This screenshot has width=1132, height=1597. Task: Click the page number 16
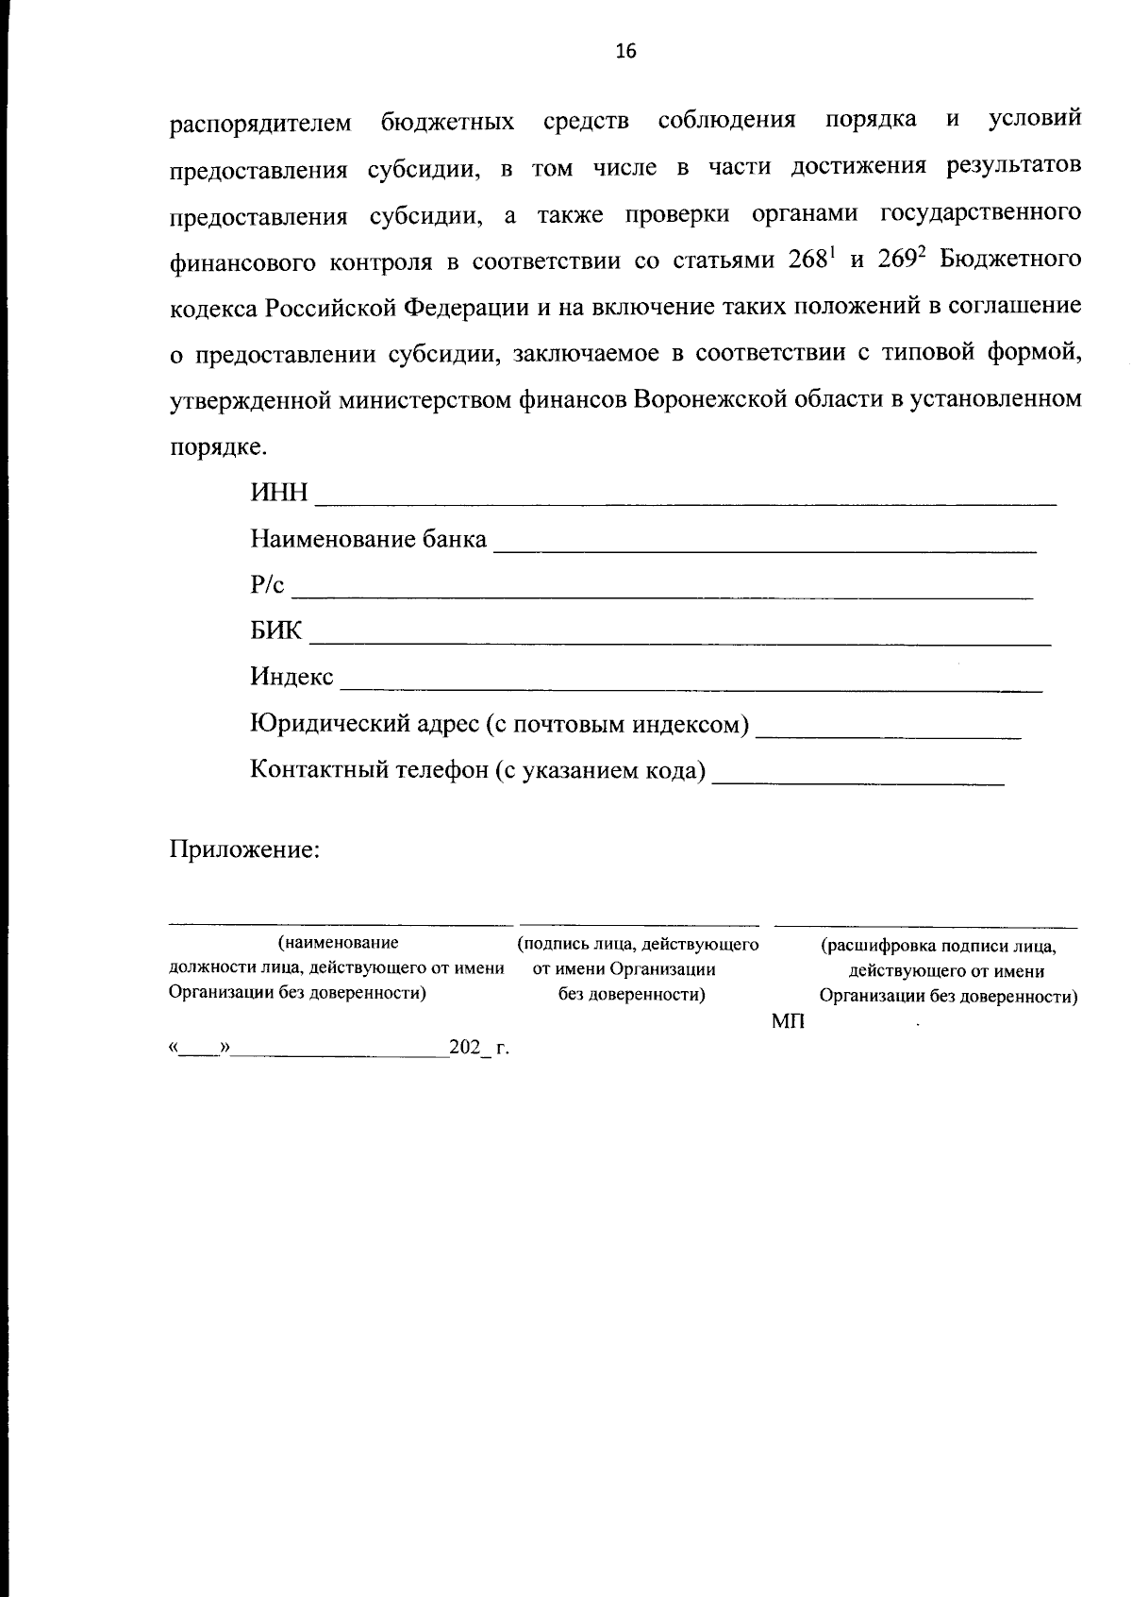(x=625, y=52)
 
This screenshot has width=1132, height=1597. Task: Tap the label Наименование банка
(x=368, y=540)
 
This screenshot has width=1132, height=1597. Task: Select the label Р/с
(x=267, y=585)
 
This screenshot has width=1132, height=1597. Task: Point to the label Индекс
(x=291, y=677)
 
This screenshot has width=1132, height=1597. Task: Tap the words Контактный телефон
(x=368, y=770)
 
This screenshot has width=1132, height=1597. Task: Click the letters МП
(x=788, y=1022)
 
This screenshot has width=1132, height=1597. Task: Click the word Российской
(x=332, y=308)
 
